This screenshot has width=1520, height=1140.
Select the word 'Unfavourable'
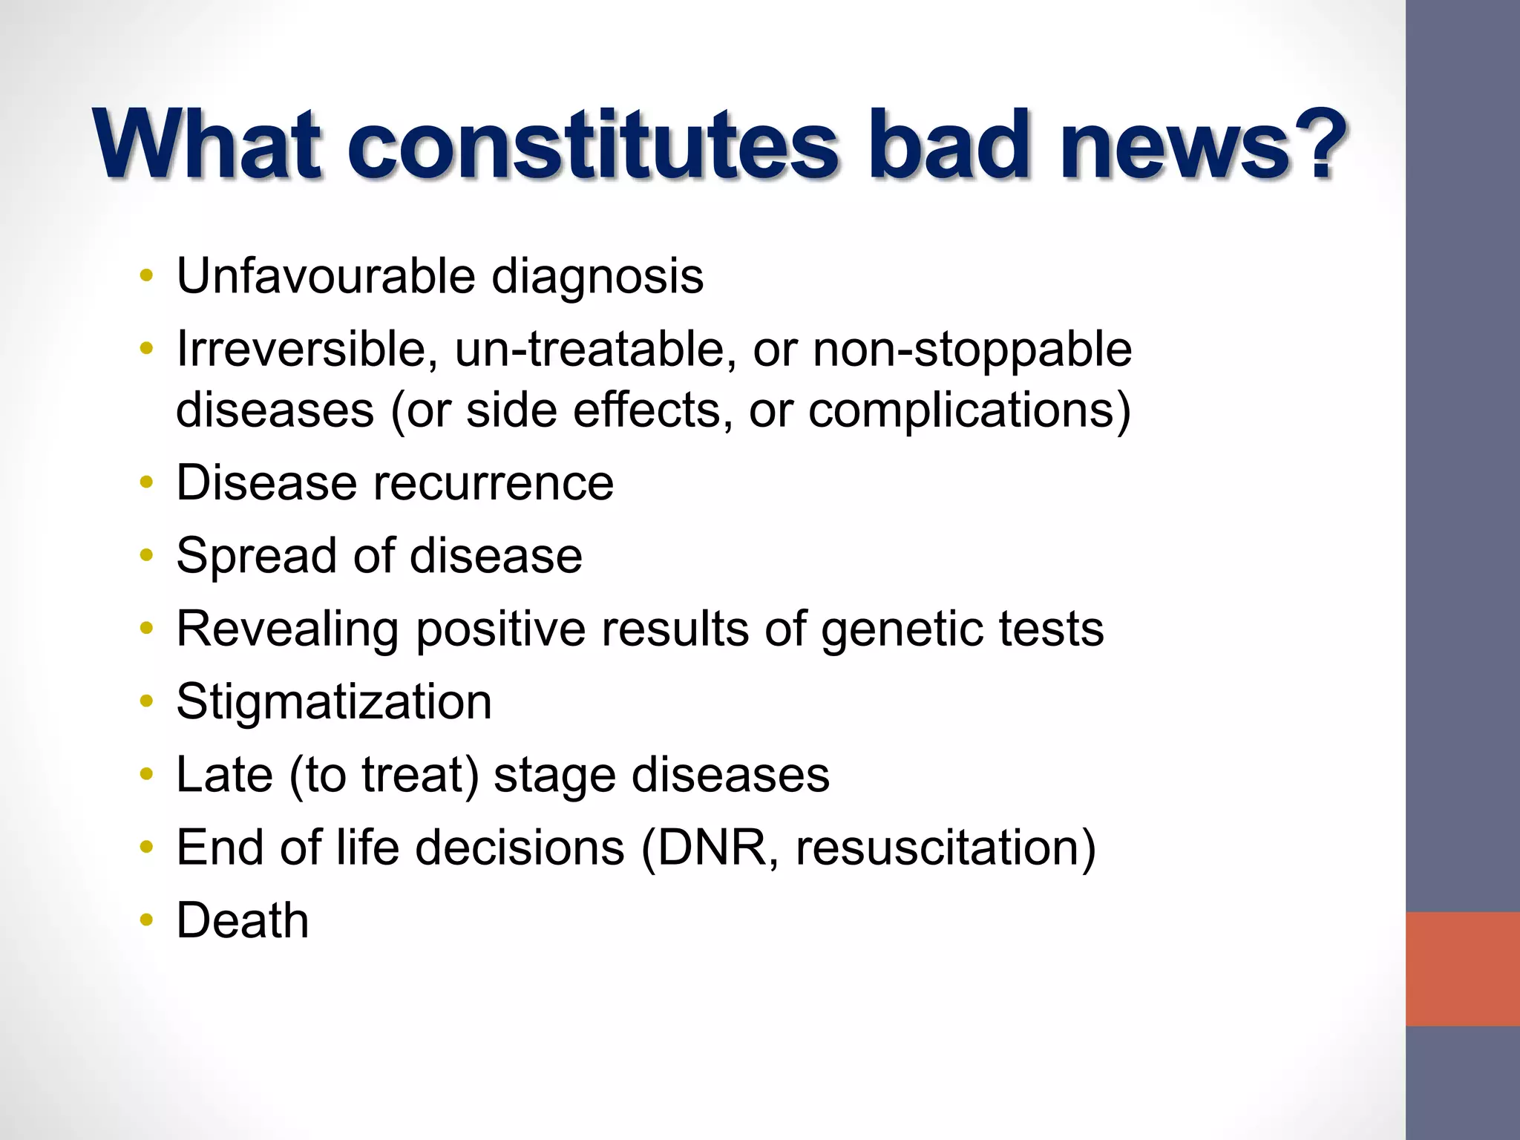325,276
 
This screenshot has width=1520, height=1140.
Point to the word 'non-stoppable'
972,350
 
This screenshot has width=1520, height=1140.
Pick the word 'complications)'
969,410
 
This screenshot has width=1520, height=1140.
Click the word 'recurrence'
493,483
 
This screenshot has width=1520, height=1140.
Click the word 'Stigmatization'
334,702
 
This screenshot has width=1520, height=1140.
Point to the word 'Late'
224,775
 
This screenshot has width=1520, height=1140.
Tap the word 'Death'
242,920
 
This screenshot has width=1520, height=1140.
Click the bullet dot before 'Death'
147,921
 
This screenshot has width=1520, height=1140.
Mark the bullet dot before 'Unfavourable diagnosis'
147,277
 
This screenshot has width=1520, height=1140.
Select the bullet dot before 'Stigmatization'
147,702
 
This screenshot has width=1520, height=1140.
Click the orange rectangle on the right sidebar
1462,969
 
